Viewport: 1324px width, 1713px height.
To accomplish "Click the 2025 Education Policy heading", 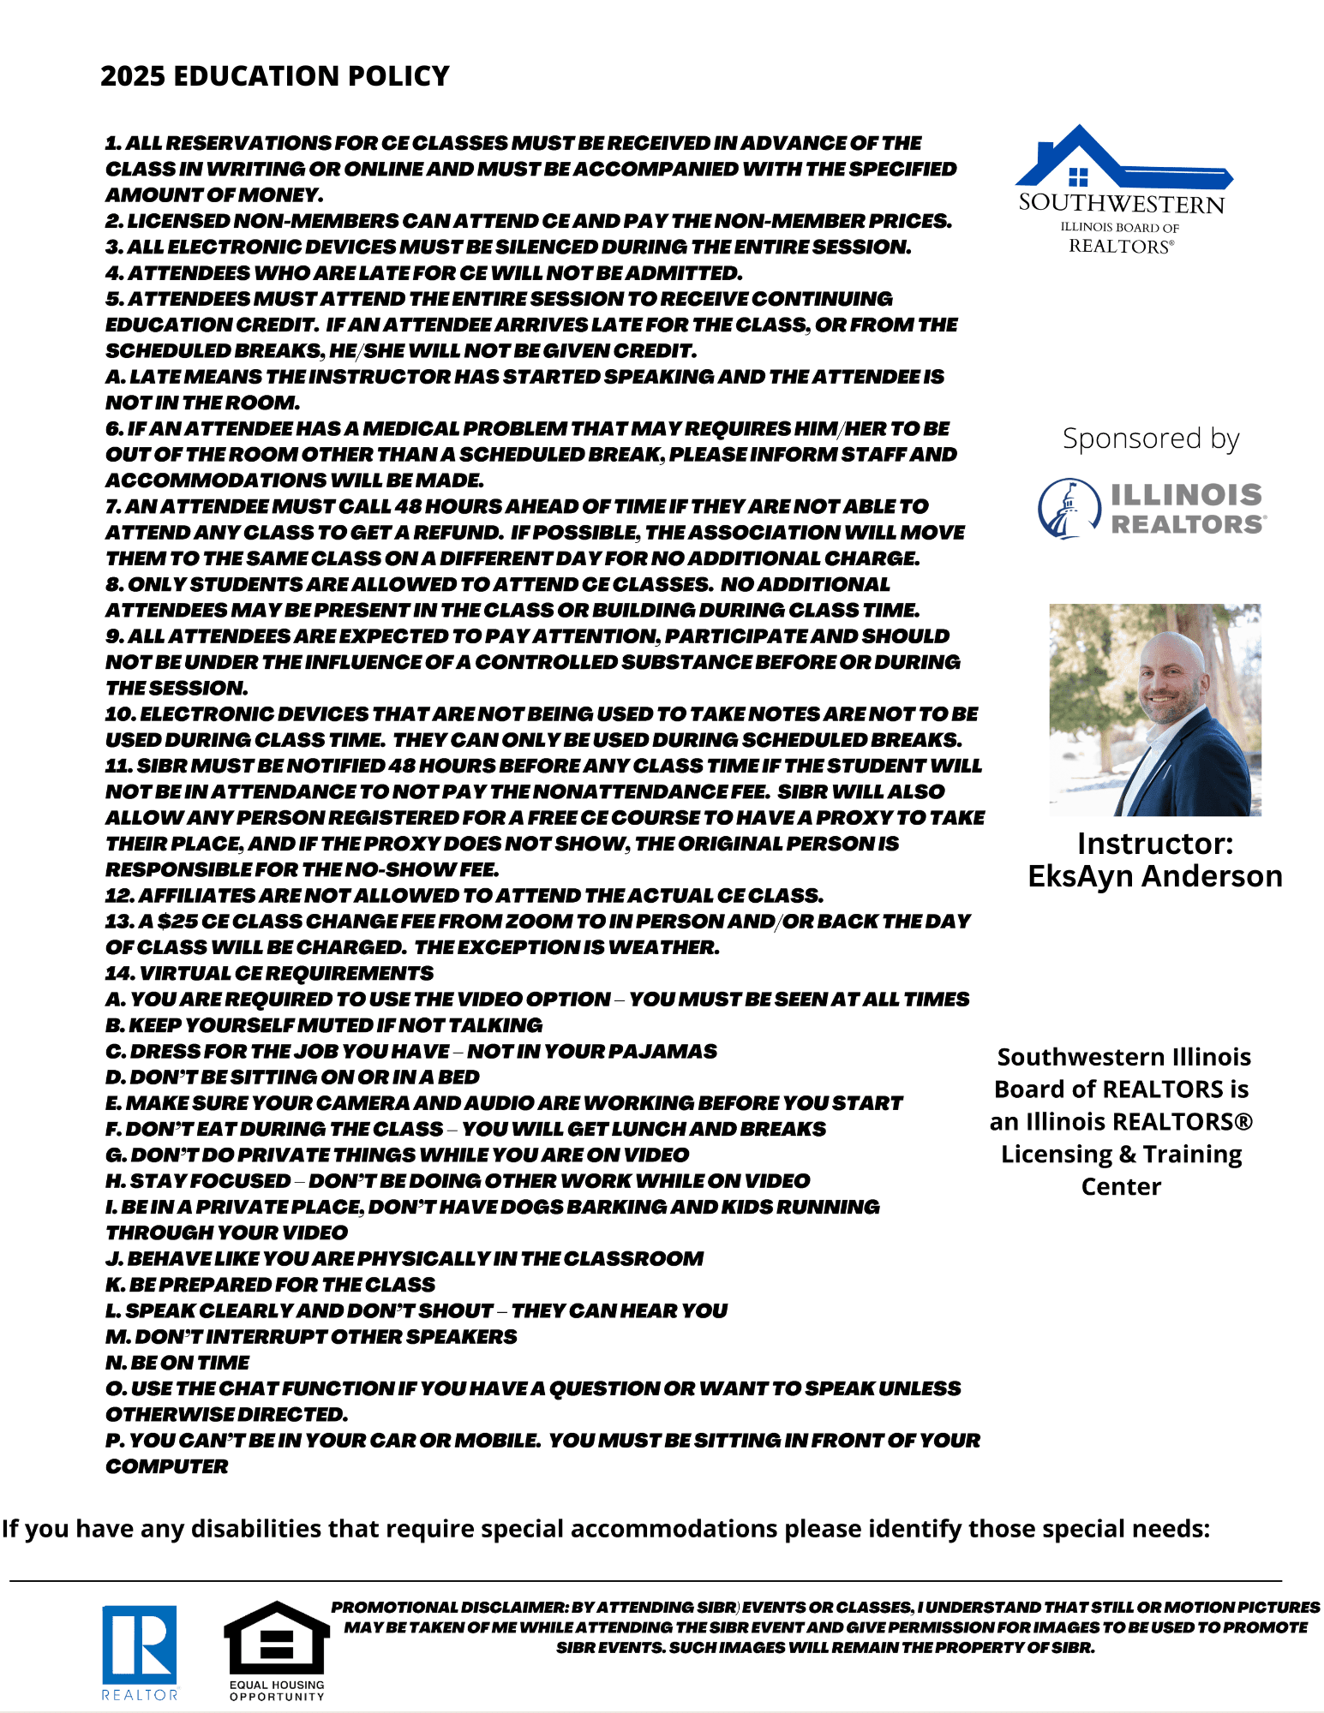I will point(274,76).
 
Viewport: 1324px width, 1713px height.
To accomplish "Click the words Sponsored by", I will point(1150,439).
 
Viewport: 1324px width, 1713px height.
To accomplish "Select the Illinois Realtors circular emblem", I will point(1069,509).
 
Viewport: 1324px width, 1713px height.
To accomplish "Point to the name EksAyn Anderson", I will point(1154,876).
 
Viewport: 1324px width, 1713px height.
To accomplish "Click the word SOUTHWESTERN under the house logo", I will point(1121,204).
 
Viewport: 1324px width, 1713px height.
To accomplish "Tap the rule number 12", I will point(118,896).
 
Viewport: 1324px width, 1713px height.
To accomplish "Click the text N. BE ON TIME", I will point(177,1363).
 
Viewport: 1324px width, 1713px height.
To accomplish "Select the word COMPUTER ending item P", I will point(167,1466).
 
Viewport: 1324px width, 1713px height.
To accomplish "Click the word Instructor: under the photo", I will point(1154,844).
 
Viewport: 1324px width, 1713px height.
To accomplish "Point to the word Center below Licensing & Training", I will point(1120,1186).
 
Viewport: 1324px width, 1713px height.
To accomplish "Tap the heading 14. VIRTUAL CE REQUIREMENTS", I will point(269,973).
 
